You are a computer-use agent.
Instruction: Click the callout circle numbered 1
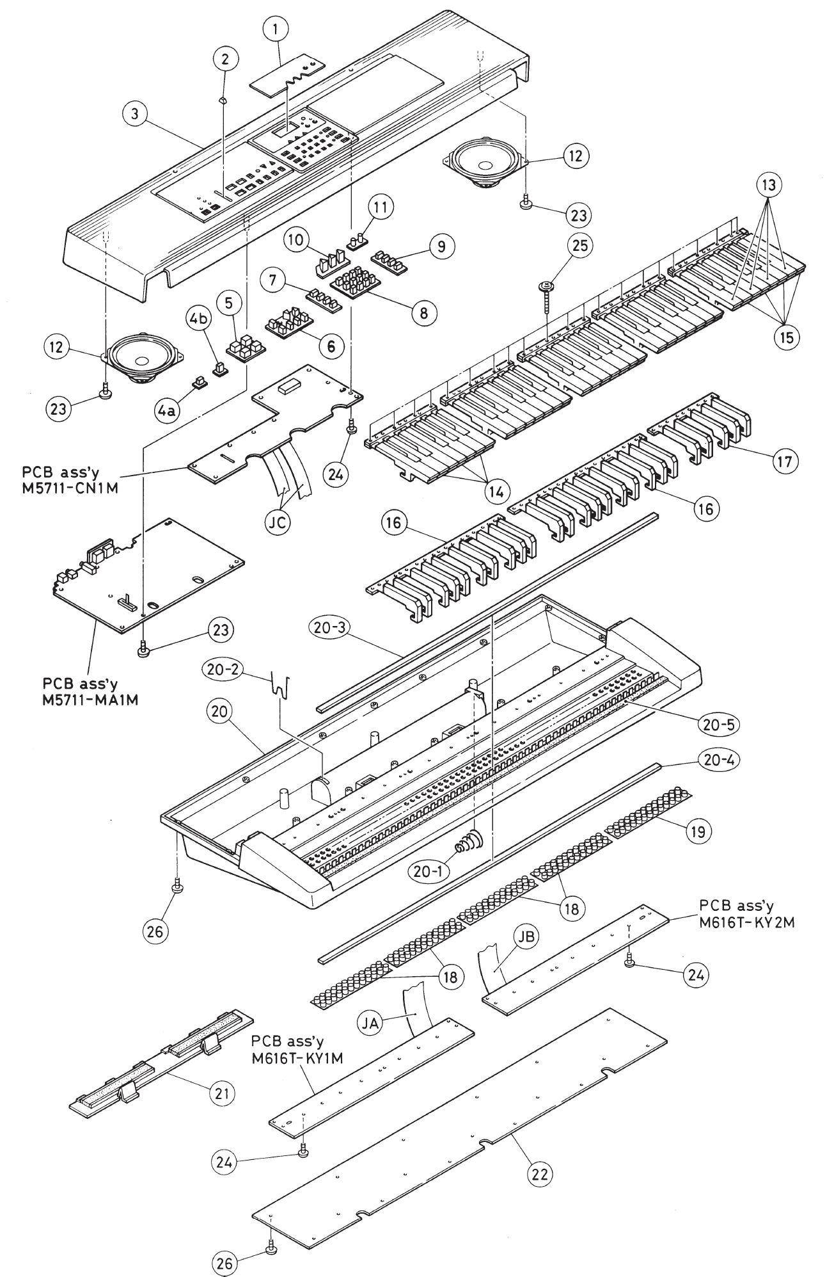pyautogui.click(x=276, y=29)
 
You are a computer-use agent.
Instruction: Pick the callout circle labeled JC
pyautogui.click(x=276, y=522)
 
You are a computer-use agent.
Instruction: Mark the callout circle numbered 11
pyautogui.click(x=381, y=207)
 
